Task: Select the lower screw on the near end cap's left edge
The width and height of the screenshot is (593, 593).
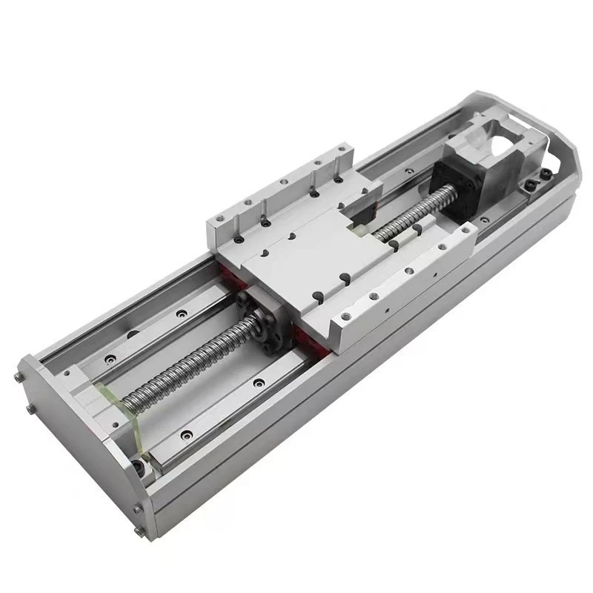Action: (30, 408)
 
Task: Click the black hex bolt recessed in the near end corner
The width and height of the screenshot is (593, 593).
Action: (138, 467)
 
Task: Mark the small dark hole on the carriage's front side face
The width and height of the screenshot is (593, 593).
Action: (386, 302)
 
